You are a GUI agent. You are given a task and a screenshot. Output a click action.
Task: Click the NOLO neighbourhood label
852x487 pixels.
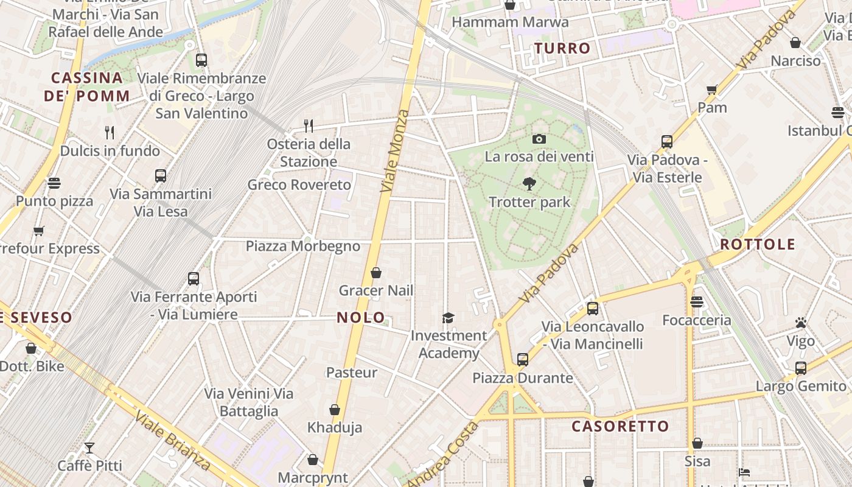(361, 317)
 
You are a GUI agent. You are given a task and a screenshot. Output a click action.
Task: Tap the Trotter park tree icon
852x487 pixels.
(529, 183)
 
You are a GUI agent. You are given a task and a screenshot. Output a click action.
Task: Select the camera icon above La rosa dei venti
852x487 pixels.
(539, 139)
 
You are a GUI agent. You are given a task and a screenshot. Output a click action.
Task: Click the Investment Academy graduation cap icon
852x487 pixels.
(449, 318)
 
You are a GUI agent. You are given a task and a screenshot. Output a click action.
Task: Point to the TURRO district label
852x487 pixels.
(562, 48)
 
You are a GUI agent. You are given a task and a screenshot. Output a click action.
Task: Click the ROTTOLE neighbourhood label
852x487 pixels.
(758, 245)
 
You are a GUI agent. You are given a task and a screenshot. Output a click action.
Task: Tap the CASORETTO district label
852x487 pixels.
(620, 426)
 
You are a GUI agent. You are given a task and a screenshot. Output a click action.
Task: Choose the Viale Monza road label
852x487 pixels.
(395, 151)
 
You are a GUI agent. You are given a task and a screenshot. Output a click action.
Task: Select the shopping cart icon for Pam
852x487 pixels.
(712, 90)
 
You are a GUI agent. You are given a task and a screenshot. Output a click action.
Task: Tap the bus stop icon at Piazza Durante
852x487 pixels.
(522, 360)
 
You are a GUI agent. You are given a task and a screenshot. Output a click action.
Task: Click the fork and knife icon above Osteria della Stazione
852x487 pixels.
(309, 126)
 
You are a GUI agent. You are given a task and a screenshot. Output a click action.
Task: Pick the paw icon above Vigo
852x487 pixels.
(801, 323)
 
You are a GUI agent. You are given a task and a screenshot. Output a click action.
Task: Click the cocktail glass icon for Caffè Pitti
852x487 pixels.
(89, 448)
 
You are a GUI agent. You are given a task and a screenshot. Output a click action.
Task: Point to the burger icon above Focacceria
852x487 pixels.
(697, 302)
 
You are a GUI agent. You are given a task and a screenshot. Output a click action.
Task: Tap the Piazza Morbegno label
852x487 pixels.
(303, 247)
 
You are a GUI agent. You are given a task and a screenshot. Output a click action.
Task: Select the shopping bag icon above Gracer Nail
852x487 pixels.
(376, 273)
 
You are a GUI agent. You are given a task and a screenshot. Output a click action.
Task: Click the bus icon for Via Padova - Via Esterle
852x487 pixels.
(666, 142)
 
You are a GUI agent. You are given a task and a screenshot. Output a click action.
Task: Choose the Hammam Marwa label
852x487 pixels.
(510, 23)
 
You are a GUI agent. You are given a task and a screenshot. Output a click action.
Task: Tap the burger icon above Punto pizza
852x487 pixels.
(54, 183)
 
